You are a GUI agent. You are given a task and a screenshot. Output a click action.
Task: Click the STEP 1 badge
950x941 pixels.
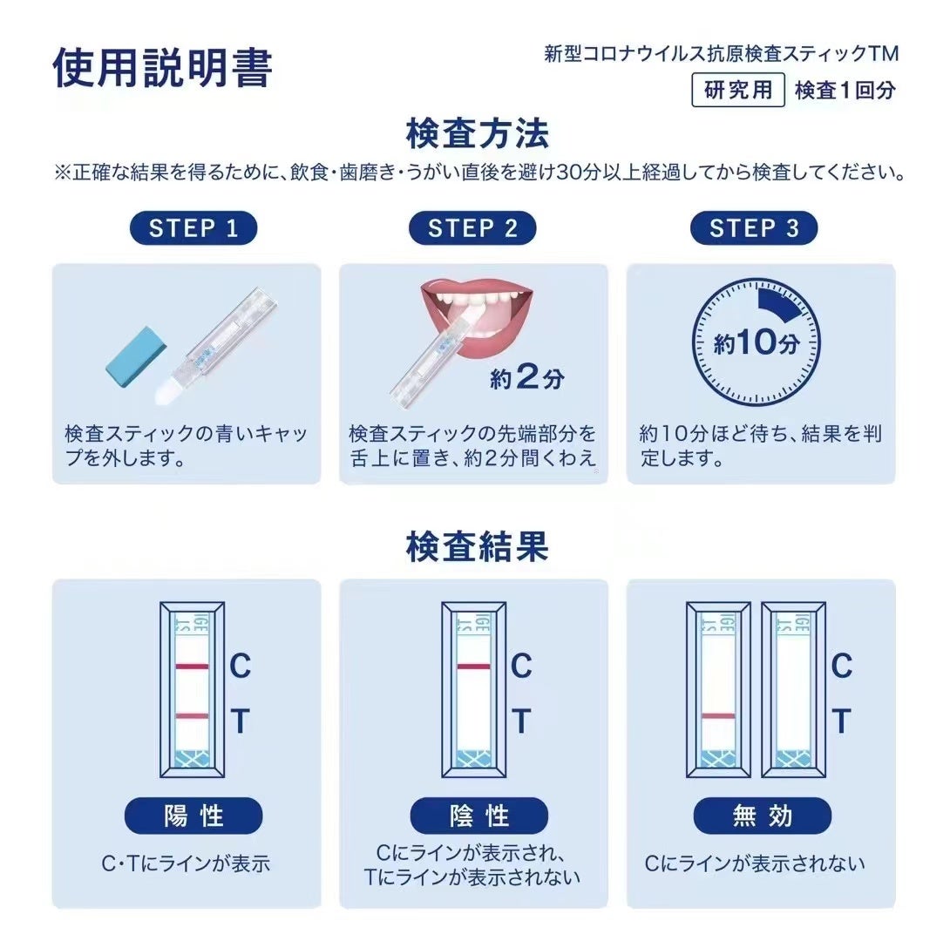(x=193, y=228)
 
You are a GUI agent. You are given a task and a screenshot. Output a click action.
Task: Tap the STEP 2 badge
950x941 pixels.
(x=472, y=228)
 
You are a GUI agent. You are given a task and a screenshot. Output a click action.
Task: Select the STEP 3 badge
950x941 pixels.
(x=754, y=228)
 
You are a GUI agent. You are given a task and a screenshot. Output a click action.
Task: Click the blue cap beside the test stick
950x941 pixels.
(x=135, y=356)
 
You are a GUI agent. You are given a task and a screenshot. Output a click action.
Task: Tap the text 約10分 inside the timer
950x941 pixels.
(x=757, y=342)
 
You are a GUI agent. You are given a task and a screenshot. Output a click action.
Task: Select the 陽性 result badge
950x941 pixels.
(x=193, y=816)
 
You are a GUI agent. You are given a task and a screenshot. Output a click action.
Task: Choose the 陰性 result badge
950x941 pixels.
(x=478, y=816)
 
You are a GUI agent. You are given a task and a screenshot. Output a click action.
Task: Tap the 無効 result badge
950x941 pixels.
(x=763, y=816)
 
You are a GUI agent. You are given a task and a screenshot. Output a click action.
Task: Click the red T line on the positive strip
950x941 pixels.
(x=192, y=716)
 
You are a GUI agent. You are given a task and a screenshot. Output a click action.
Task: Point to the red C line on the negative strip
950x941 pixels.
(x=473, y=667)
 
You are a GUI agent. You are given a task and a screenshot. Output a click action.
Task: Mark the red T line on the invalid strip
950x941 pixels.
(x=718, y=716)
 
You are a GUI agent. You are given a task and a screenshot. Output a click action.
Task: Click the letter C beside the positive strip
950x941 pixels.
(x=240, y=666)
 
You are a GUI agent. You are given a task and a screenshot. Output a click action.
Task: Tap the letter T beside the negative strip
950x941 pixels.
(x=521, y=721)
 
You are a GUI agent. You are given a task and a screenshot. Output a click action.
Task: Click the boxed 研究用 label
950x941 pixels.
(x=738, y=91)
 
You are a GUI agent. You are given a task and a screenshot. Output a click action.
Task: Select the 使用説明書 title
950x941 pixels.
(x=162, y=66)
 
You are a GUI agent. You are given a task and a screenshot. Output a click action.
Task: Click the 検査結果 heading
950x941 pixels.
(x=478, y=546)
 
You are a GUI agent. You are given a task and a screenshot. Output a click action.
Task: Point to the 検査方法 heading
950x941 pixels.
(x=478, y=133)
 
